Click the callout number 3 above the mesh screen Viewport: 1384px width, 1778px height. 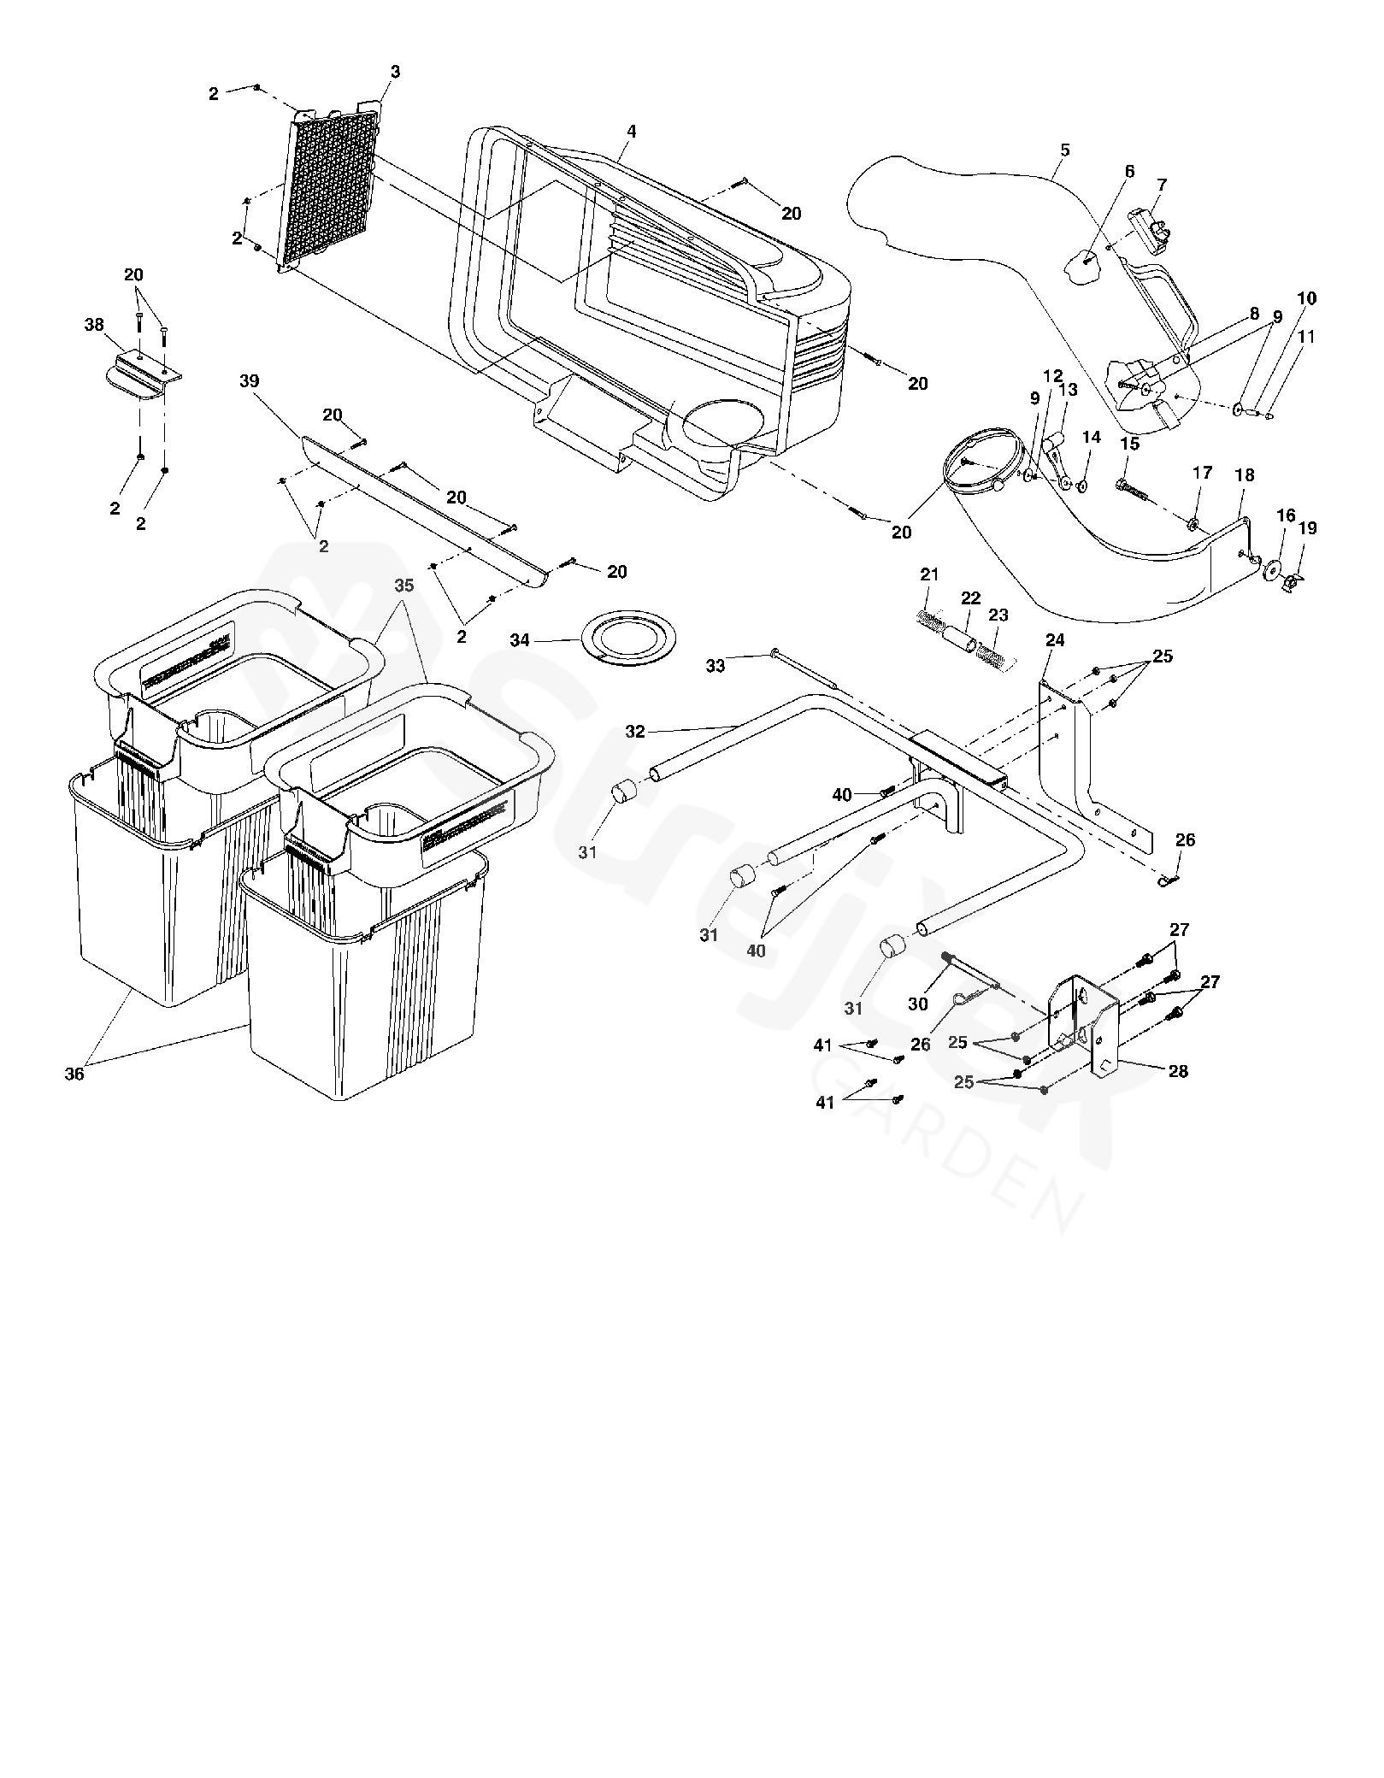[x=395, y=73]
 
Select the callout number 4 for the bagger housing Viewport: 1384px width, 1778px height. [x=631, y=132]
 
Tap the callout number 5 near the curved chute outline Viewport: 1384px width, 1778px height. [x=1064, y=150]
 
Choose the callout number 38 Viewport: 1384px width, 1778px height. [x=94, y=325]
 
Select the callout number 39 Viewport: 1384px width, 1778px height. [x=250, y=381]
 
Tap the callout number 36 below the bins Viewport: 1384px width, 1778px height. [x=74, y=1074]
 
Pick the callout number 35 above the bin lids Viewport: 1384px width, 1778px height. [x=404, y=586]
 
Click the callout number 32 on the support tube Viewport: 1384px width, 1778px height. [x=635, y=731]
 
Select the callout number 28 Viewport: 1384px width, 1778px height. [x=1178, y=1071]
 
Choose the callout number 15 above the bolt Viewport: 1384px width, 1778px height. [x=1130, y=444]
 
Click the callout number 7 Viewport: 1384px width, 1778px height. [x=1162, y=185]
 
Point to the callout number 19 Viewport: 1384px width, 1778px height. [x=1307, y=528]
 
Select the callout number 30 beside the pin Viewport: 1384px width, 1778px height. [x=918, y=1004]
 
